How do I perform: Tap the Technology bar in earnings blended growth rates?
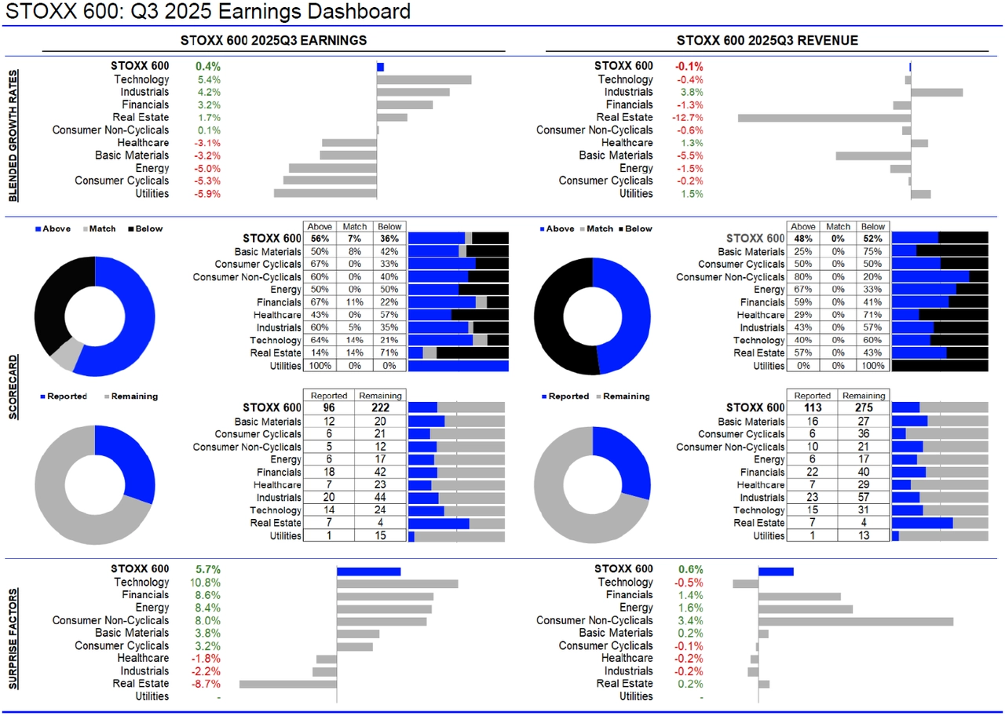tap(424, 79)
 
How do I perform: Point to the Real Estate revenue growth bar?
tap(824, 118)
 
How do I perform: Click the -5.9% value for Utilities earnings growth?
tap(208, 194)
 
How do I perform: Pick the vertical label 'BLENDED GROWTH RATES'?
tap(13, 135)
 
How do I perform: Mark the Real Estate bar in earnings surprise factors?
tap(287, 684)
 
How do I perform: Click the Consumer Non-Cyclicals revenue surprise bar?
tap(855, 621)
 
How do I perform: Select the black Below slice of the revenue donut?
tap(559, 314)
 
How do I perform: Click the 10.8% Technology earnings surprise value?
tap(205, 583)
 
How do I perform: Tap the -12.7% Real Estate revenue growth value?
tap(689, 118)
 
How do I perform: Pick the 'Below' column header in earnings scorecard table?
tap(389, 226)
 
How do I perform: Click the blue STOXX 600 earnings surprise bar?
tap(368, 571)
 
